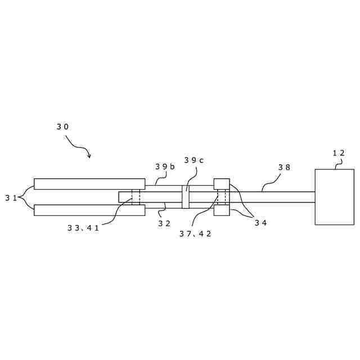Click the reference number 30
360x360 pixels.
62,127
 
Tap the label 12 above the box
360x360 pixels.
338,153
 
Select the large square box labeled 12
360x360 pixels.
334,197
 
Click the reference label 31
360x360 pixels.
11,197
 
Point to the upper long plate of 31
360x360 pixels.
89,184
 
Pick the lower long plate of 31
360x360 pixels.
89,210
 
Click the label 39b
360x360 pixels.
165,167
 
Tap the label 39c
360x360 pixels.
193,160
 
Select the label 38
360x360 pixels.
284,168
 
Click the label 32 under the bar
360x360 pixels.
164,223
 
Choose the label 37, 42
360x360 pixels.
195,234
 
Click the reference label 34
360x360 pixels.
260,223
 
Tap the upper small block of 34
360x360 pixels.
222,184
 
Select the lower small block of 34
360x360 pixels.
222,210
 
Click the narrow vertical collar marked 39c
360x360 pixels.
186,197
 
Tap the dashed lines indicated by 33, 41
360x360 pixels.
136,197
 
